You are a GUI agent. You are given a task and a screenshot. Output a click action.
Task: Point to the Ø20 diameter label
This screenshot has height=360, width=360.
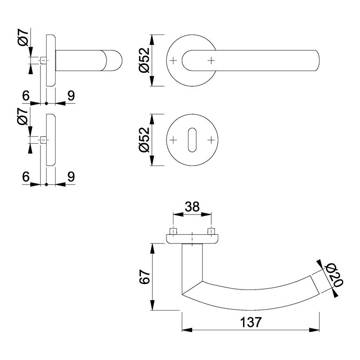point(334,276)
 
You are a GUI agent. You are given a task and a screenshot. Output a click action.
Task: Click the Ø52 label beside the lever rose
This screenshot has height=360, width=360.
point(143,60)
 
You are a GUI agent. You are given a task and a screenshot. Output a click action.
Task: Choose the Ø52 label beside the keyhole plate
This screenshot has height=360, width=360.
point(143,140)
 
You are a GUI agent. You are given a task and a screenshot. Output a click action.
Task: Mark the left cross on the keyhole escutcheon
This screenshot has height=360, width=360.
point(173,140)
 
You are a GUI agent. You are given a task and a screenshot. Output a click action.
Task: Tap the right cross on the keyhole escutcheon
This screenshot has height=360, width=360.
point(212,140)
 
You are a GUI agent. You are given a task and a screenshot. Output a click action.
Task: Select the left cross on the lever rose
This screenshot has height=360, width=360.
point(173,60)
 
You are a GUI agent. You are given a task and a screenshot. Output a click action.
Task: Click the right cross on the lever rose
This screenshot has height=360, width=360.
point(212,60)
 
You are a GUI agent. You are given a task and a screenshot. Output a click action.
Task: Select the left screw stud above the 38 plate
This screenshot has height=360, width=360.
point(173,231)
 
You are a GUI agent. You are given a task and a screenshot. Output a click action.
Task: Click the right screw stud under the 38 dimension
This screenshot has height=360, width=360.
point(211,231)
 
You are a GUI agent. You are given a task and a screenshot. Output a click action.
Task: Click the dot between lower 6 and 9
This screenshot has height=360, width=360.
point(47,184)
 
